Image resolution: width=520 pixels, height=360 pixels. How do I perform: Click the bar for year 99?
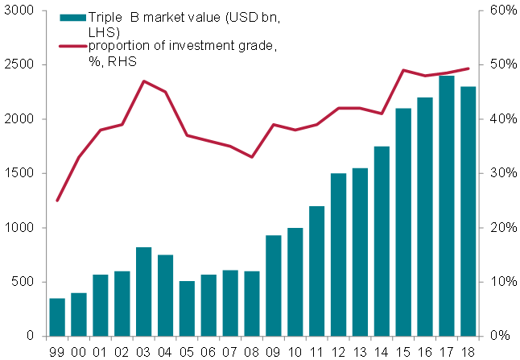coord(56,317)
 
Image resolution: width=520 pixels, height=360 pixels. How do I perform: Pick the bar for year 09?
coord(274,286)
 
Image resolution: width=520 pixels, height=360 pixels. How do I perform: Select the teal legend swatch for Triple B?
coord(71,18)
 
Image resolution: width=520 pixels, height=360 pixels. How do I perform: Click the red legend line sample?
coord(71,46)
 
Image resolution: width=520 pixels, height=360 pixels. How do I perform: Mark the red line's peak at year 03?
coord(143,81)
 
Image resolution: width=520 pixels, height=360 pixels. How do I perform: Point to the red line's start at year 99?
coord(56,201)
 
